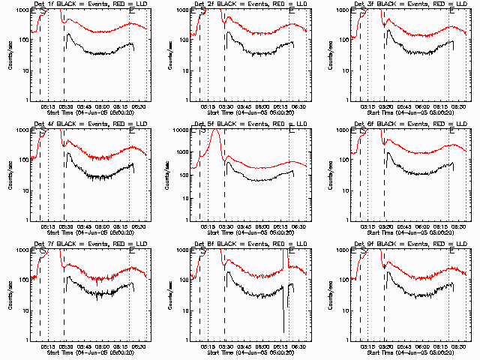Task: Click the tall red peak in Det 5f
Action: (x=217, y=132)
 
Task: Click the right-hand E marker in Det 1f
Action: (x=133, y=11)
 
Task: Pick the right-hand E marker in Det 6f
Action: (x=452, y=131)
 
